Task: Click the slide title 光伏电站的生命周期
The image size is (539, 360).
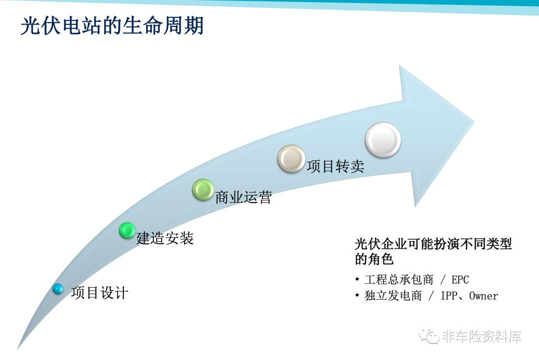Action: [112, 25]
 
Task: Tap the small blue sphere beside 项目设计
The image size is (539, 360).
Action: [58, 289]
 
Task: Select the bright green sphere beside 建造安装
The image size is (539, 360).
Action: [127, 230]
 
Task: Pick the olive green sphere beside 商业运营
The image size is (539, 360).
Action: [203, 189]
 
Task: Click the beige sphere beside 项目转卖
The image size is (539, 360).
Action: [291, 159]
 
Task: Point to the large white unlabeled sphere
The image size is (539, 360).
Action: [383, 140]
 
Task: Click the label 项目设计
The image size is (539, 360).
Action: [100, 293]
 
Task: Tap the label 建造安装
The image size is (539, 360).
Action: [165, 238]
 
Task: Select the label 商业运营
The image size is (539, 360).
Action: [244, 197]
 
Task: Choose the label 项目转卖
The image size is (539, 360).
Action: [335, 166]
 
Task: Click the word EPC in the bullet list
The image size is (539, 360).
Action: [460, 280]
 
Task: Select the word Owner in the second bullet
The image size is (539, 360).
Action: [483, 296]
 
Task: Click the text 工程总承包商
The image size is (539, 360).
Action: [399, 280]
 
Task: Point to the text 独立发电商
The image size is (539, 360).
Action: [393, 296]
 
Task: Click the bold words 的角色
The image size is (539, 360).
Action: [374, 259]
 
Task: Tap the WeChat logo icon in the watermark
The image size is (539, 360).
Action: [429, 335]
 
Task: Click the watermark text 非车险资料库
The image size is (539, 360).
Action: [482, 336]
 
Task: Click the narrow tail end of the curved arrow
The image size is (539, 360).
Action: [18, 349]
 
